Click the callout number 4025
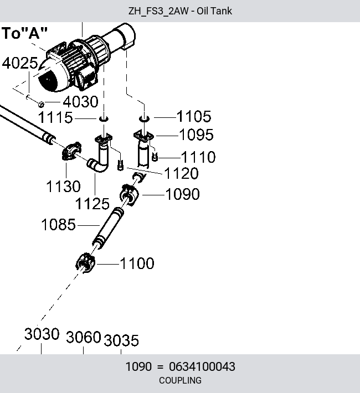point(20,63)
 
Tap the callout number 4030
point(80,101)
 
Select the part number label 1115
point(55,117)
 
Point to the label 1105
point(194,116)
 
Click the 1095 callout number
point(197,135)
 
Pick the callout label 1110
point(198,157)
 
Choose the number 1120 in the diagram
point(181,173)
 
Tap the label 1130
point(64,187)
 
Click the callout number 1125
point(92,204)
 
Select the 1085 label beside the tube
point(58,224)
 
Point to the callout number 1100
point(137,263)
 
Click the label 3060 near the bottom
point(84,337)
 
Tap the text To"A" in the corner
point(24,33)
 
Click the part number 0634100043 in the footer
point(202,366)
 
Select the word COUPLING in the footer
point(180,380)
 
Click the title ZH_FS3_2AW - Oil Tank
point(180,11)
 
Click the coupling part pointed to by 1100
point(85,263)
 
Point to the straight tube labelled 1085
point(108,228)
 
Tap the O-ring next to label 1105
point(144,118)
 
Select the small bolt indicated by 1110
point(155,157)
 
